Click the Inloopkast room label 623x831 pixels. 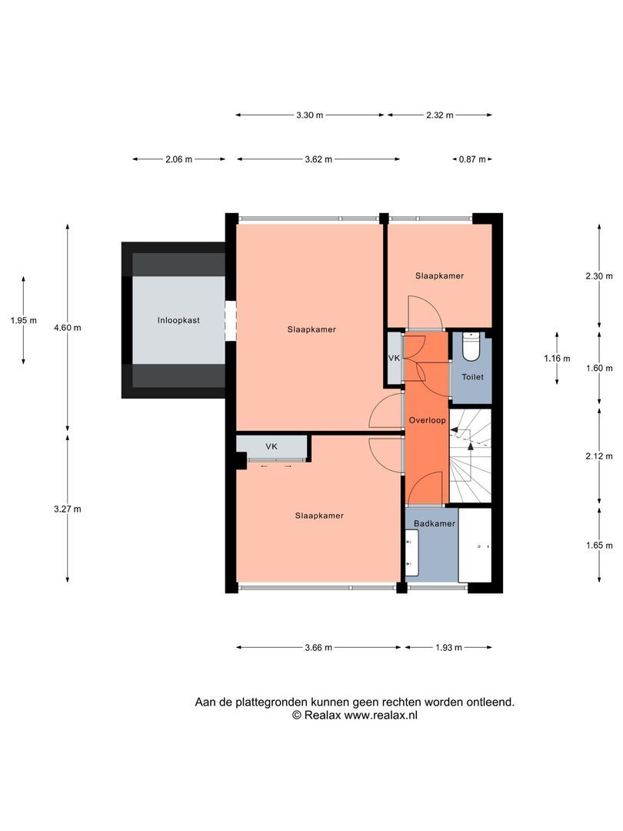[178, 320]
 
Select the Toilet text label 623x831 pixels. [472, 377]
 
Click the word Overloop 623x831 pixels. [427, 420]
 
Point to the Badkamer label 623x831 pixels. [435, 523]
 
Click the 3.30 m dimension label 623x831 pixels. [309, 115]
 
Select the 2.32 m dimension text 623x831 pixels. [440, 115]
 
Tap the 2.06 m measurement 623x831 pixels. [178, 159]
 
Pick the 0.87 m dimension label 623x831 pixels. [472, 159]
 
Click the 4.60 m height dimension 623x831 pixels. [67, 328]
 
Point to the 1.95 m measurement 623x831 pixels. [24, 320]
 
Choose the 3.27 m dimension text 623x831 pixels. [67, 509]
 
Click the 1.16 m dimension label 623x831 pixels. [557, 359]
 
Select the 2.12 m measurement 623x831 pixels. [599, 456]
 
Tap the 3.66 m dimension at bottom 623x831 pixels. [318, 647]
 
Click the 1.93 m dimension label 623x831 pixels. [448, 647]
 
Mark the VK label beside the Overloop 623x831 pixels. [394, 359]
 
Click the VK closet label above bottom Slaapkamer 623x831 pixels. [272, 446]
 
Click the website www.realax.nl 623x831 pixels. [381, 715]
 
